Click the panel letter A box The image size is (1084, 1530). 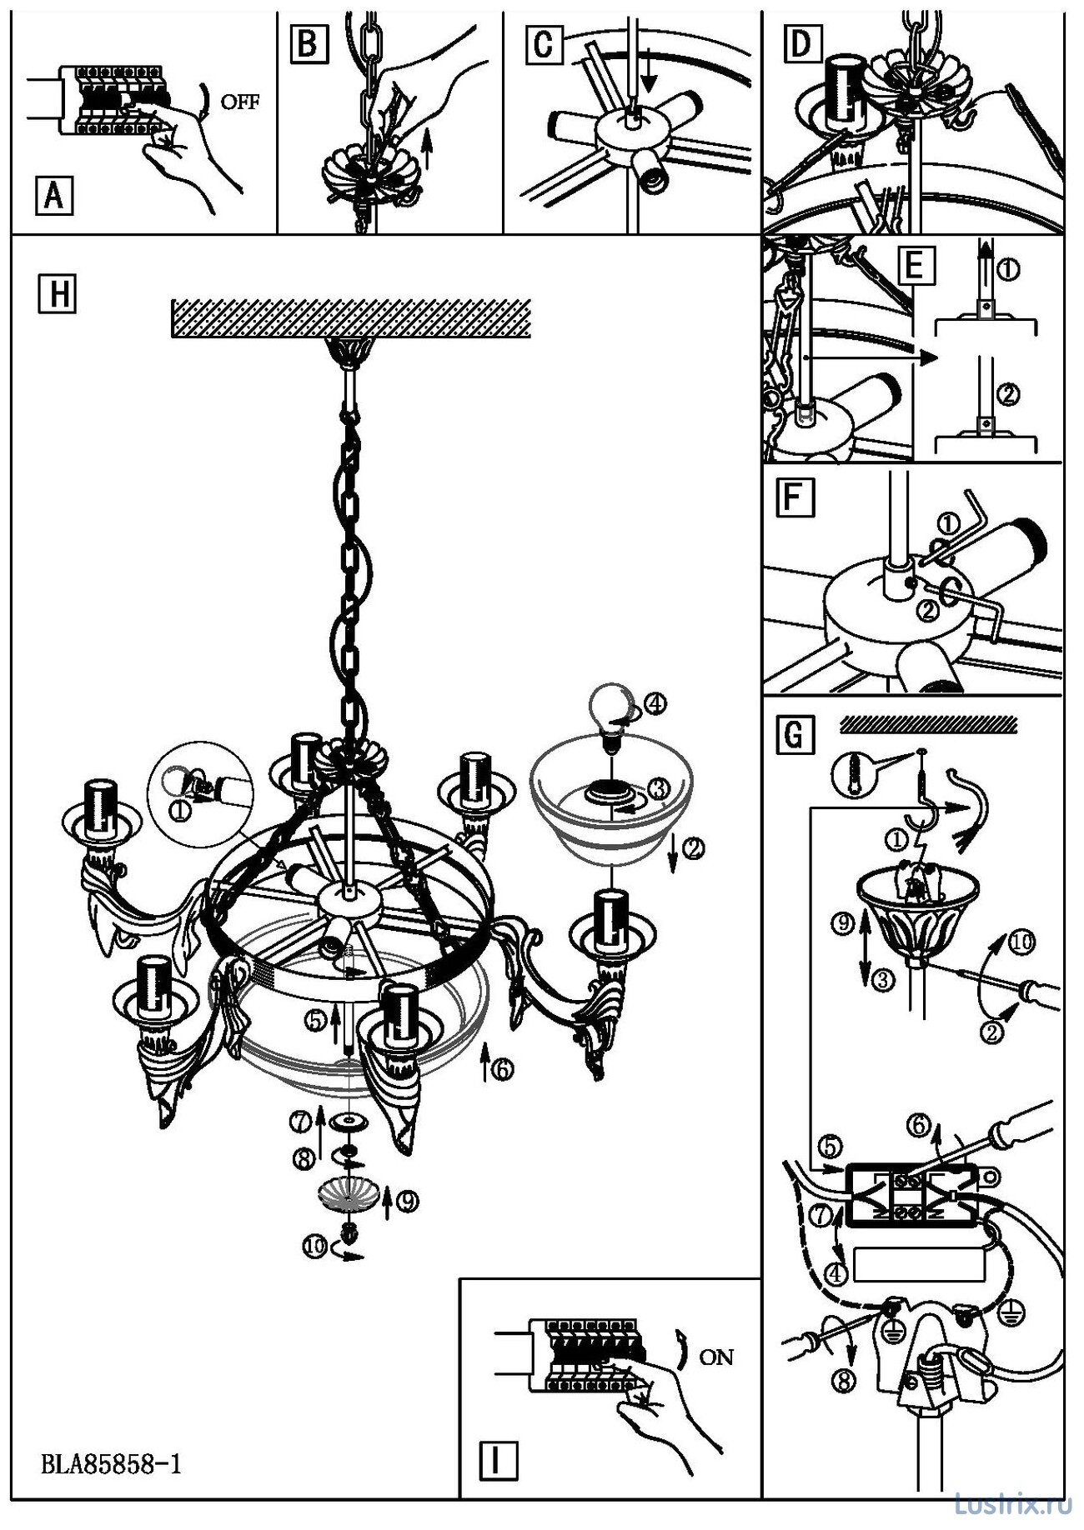point(54,197)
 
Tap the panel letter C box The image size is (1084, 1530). point(543,44)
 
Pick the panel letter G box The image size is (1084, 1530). point(793,735)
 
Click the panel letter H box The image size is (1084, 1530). point(57,294)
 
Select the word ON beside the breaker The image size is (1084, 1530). point(716,1357)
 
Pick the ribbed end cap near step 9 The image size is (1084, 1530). point(349,1196)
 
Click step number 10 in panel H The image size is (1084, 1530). point(314,1247)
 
